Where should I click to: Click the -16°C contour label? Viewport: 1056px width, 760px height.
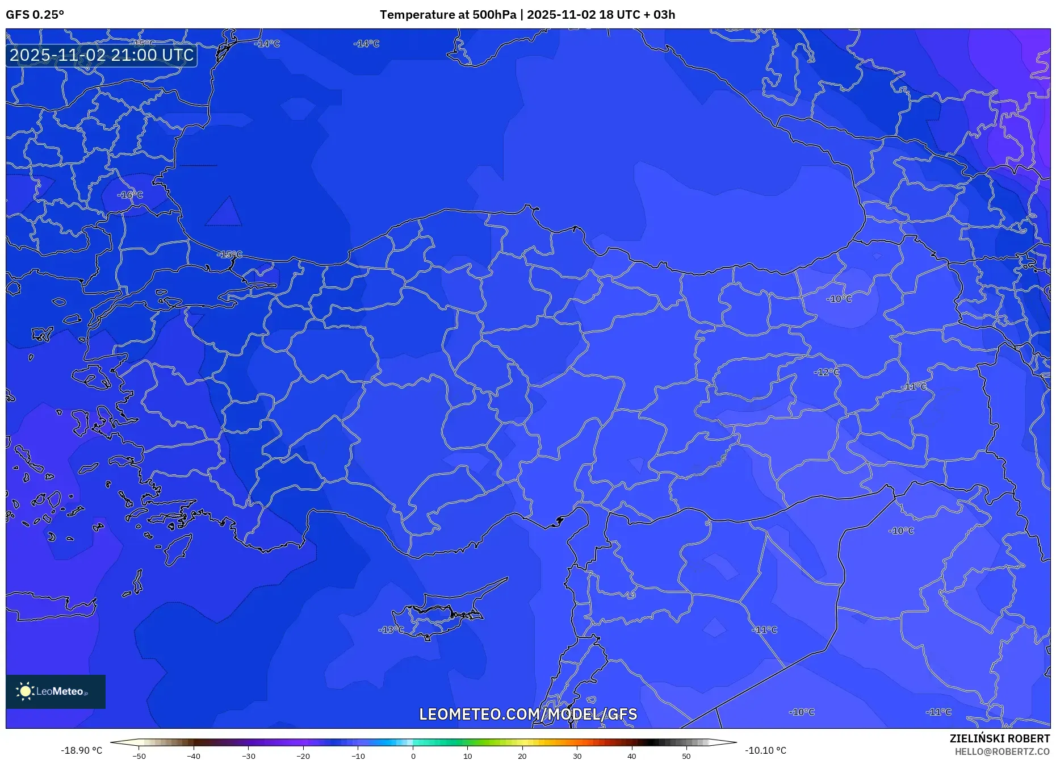(130, 195)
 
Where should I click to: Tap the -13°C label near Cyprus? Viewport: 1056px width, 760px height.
(391, 630)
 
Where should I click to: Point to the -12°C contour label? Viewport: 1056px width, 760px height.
(826, 372)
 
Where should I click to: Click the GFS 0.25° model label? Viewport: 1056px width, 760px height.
(35, 15)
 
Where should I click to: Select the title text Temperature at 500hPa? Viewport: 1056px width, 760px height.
(448, 15)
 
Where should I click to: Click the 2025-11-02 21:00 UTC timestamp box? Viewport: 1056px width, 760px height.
(102, 55)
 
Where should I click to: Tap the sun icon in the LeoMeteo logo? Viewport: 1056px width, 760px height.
(25, 691)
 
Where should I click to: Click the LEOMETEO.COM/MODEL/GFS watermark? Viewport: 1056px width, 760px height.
(528, 714)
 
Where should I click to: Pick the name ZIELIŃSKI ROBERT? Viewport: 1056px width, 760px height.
(999, 738)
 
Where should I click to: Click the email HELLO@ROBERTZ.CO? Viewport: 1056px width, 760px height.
(1001, 751)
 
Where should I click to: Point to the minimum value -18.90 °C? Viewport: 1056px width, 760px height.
(82, 750)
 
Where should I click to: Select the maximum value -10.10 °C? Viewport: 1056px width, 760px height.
(765, 750)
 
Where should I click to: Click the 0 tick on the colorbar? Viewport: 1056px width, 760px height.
(413, 756)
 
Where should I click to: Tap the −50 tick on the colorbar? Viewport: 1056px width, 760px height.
(139, 756)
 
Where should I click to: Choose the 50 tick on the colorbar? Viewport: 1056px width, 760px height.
(686, 756)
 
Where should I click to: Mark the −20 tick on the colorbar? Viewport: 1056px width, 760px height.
(303, 756)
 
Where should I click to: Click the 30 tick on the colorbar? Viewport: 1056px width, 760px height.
(577, 756)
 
